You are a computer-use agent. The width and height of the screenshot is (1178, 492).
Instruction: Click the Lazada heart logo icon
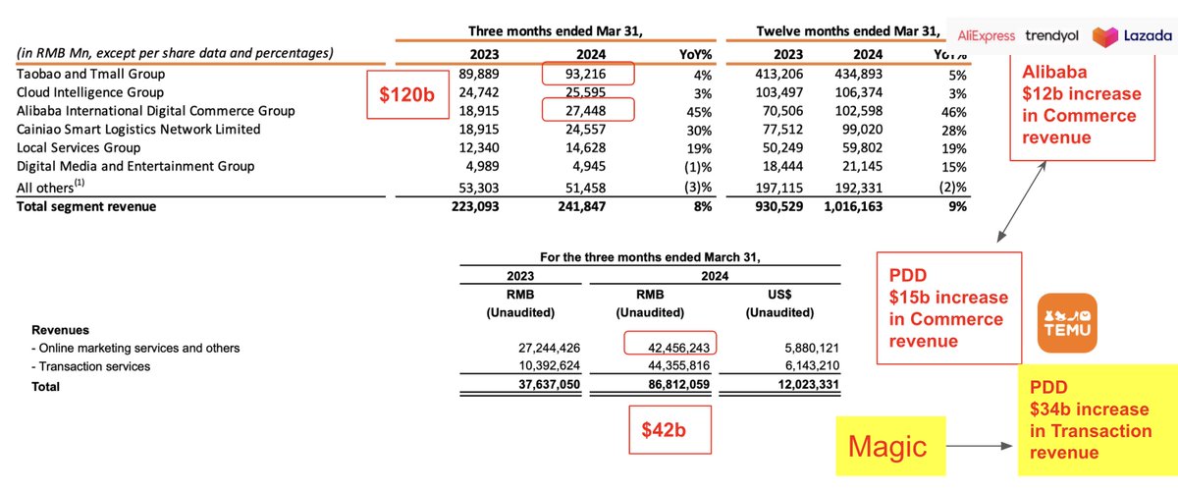pyautogui.click(x=1104, y=36)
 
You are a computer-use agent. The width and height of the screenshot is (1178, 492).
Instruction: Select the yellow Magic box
pyautogui.click(x=888, y=447)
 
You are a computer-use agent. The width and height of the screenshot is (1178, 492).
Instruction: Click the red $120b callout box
pyautogui.click(x=402, y=95)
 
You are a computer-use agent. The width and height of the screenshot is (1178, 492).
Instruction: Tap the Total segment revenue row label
pyautogui.click(x=86, y=205)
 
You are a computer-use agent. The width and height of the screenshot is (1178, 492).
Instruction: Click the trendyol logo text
pyautogui.click(x=1051, y=36)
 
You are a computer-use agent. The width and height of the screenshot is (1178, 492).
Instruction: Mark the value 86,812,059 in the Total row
pyautogui.click(x=670, y=387)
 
